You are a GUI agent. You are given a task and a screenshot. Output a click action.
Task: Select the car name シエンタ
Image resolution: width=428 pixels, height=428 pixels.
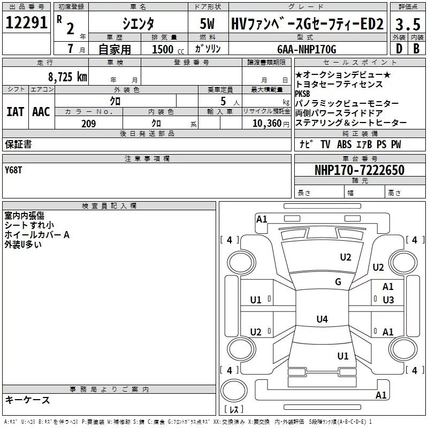pos(138,24)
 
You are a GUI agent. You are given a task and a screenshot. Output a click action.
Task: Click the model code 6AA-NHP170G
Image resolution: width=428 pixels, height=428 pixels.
pos(307,49)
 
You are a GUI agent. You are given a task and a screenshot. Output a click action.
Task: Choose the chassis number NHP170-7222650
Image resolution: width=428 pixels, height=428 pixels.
pos(359,170)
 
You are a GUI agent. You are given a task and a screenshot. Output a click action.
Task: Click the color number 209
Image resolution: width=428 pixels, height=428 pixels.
pos(88,124)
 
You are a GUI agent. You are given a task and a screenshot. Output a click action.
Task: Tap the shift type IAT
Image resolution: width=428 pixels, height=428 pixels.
pos(15,112)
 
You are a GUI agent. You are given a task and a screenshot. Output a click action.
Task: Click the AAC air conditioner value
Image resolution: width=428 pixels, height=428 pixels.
pos(41,112)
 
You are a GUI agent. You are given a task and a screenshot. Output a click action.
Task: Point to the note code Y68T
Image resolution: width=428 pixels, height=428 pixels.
pos(14,170)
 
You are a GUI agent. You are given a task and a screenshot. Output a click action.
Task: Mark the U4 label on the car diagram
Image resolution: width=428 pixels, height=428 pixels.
pos(322,319)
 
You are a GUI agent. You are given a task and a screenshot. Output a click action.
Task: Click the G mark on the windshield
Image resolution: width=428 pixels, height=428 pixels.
pos(338,282)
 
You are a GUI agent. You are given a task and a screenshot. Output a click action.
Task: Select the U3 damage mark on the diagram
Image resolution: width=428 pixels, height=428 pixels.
pos(388,300)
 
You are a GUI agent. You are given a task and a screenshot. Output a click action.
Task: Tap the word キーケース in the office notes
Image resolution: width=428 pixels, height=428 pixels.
pos(27,400)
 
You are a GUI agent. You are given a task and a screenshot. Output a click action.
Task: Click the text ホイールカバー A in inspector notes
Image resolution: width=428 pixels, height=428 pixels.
pos(37,235)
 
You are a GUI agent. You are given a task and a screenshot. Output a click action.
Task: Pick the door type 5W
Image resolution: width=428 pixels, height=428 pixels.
pos(207,24)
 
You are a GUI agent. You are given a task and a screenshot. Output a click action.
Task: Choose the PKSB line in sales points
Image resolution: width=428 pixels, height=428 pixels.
pos(302,94)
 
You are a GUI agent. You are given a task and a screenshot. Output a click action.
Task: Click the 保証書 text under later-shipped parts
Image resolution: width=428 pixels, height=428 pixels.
pos(18,144)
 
